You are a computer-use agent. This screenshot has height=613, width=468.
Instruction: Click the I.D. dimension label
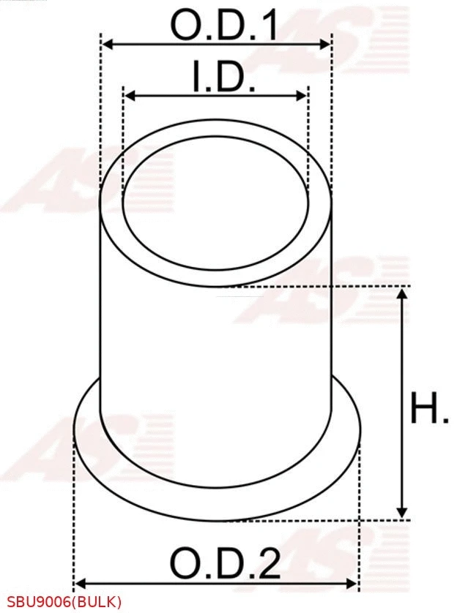click(224, 78)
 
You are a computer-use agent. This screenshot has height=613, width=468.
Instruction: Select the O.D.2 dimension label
click(225, 564)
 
